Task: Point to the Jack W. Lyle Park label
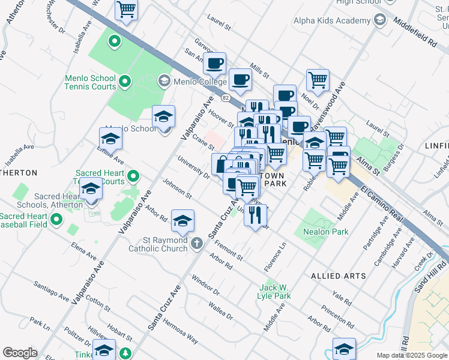[x=274, y=291]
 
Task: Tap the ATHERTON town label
[x=19, y=173]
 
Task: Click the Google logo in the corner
[x=19, y=352]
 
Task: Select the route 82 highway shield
[x=225, y=97]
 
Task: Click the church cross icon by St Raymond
[x=197, y=243]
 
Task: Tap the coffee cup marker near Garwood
[x=214, y=63]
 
